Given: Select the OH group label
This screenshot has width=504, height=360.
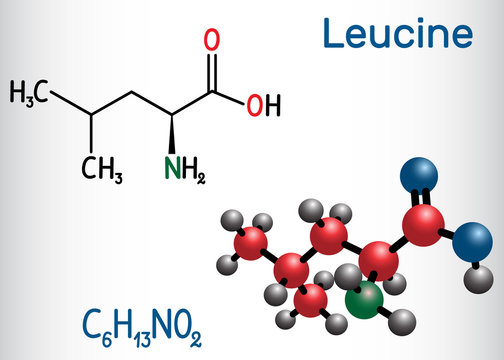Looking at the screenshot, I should [x=264, y=104].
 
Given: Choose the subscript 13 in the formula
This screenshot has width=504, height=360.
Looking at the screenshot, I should [x=101, y=333].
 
